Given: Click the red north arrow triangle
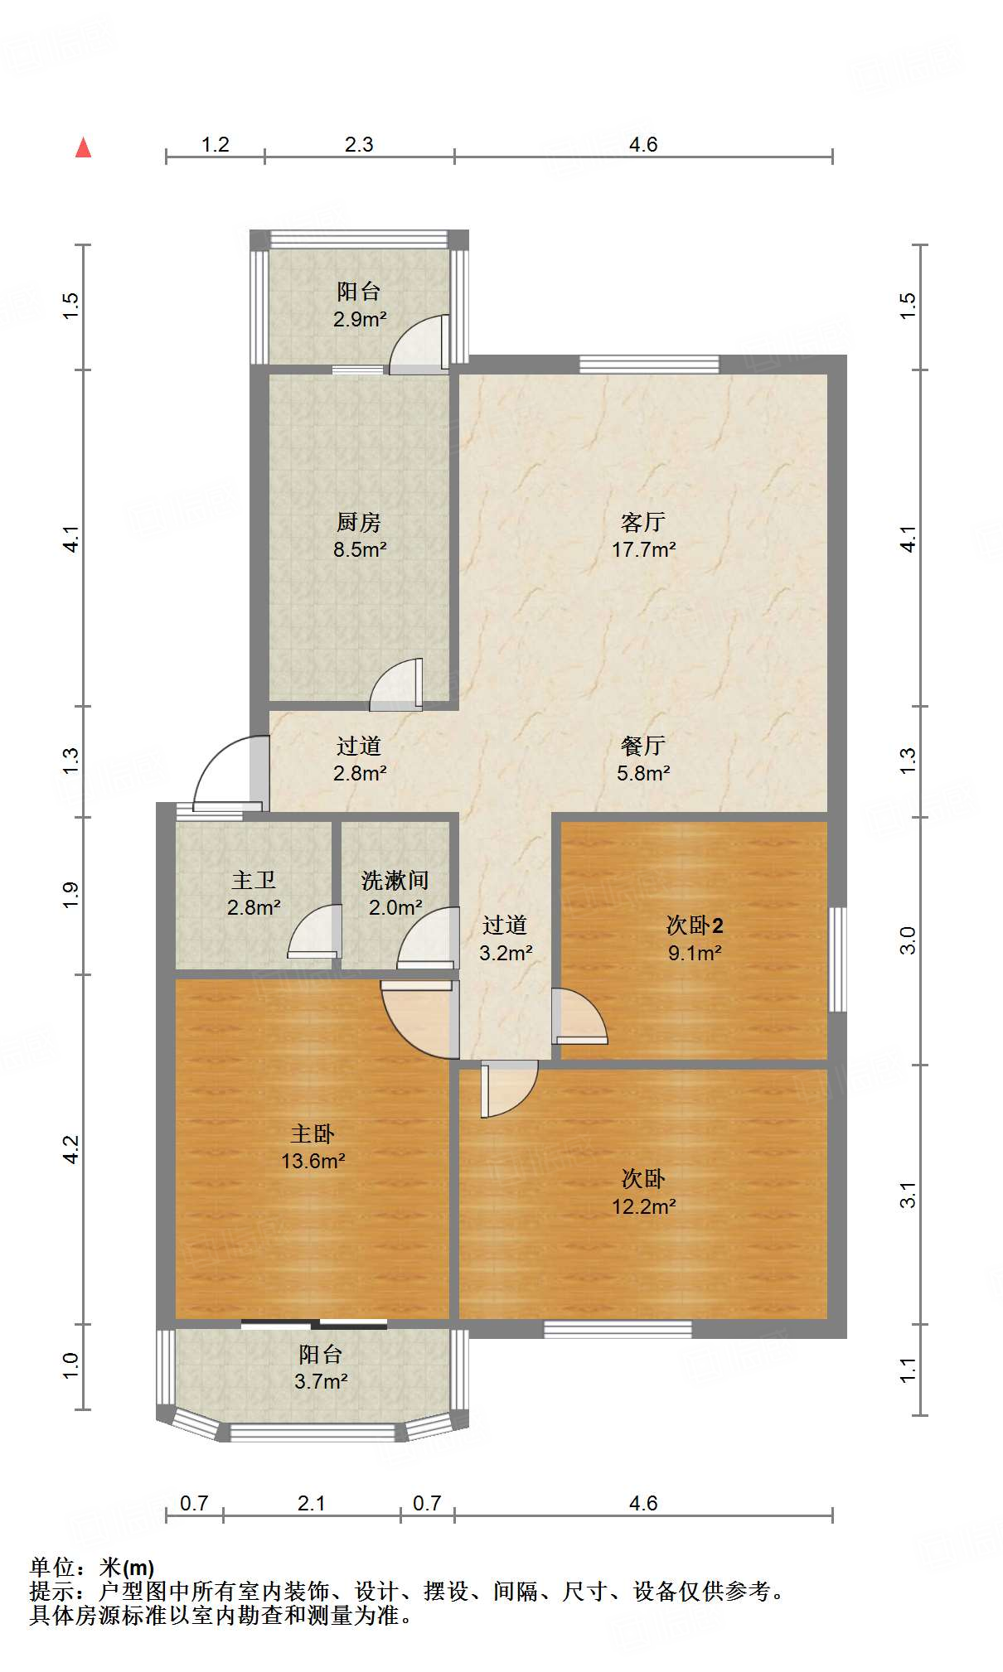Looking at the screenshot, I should (83, 147).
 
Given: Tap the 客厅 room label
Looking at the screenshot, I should (642, 522).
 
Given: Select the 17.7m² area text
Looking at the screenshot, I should (643, 549).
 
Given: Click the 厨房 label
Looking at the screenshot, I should (359, 522).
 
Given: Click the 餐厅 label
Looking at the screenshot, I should (642, 746).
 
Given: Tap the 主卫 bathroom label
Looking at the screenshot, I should (253, 880).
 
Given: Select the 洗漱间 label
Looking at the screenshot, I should (395, 880).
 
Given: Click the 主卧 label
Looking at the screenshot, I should (313, 1133).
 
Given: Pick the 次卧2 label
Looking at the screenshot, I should (695, 925).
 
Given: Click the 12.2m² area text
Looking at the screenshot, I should (643, 1206).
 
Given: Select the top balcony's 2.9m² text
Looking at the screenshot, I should (359, 319).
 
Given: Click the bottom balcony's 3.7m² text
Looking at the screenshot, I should (320, 1381).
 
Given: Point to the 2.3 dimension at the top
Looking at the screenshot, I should (359, 144).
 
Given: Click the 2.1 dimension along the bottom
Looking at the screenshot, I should (311, 1503).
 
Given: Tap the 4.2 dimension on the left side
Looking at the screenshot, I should (71, 1149).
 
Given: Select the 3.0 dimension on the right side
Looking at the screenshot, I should (909, 940).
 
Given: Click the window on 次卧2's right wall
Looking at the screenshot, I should (838, 959).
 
